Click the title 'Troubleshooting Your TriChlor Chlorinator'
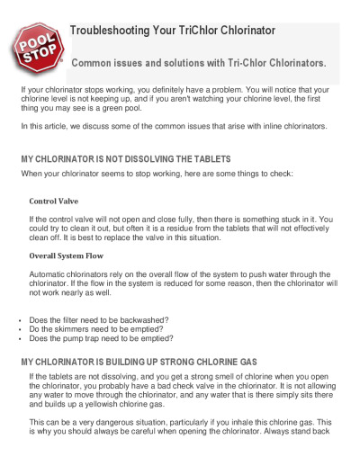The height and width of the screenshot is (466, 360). [172, 30]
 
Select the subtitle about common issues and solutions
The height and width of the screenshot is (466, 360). [198, 65]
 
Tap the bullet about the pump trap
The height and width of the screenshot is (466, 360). [101, 338]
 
